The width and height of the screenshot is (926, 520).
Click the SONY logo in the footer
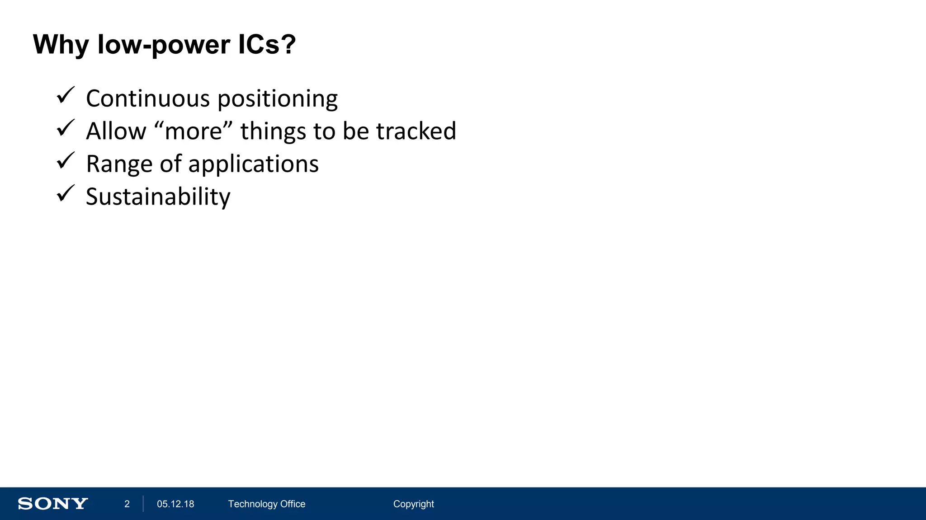click(53, 504)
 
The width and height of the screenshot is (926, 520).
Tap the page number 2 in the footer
click(127, 504)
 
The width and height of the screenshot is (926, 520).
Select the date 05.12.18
click(175, 504)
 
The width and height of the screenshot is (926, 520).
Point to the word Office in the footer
click(293, 504)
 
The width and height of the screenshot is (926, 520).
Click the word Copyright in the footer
click(413, 504)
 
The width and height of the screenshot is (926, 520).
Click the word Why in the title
click(61, 45)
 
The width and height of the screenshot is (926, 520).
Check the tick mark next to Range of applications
click(66, 161)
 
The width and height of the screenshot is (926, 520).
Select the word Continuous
click(148, 98)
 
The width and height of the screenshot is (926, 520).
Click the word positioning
click(278, 99)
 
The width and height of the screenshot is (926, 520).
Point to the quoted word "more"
click(194, 131)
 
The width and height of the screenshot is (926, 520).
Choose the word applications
click(253, 164)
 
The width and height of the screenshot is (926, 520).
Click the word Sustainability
click(158, 197)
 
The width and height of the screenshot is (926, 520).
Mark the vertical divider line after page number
click(143, 504)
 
